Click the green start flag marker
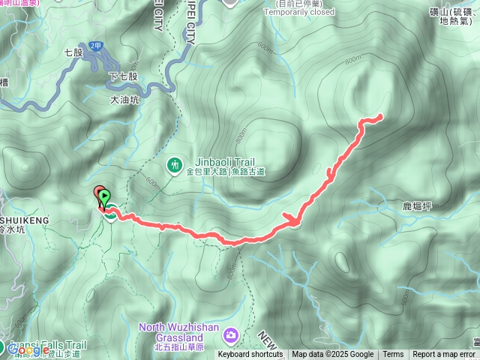pyautogui.click(x=103, y=198)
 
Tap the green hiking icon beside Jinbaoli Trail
pyautogui.click(x=174, y=163)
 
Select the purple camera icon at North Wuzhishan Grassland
pyautogui.click(x=232, y=333)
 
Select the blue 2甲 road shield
pyautogui.click(x=95, y=46)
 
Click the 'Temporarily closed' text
pyautogui.click(x=299, y=12)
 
